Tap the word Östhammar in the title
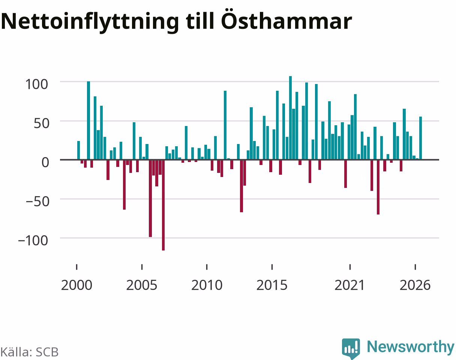point(286,19)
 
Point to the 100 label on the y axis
point(37,84)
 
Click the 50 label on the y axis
point(41,123)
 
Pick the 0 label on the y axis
point(45,162)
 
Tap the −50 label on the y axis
point(37,201)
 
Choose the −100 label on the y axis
point(33,241)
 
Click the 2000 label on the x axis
point(77,285)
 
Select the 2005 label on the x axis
point(142,285)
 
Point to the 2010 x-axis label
point(207,285)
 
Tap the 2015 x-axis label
point(272,285)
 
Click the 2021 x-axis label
point(350,285)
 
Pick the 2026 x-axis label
point(415,285)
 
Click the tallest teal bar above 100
point(290,118)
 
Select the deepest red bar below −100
point(163,205)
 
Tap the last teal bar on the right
point(420,138)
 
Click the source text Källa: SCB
point(30,352)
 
